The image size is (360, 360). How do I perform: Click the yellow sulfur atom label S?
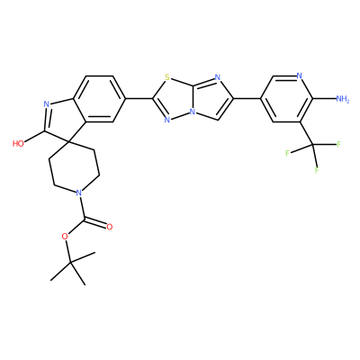click(x=167, y=77)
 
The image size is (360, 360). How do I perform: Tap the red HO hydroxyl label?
click(x=18, y=144)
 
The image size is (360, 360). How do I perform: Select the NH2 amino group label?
click(x=343, y=99)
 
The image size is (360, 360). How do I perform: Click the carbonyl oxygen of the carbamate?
click(x=110, y=227)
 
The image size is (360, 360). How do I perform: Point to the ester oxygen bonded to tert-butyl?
click(x=64, y=237)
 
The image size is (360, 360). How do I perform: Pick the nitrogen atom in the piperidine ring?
click(x=78, y=193)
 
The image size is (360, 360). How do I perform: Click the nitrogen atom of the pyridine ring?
click(x=299, y=76)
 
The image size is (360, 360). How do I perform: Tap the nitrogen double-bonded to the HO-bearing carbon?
click(x=47, y=104)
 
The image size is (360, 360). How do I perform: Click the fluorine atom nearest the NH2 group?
click(x=339, y=144)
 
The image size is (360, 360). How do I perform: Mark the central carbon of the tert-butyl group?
click(x=70, y=262)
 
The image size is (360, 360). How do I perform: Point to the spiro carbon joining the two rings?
click(x=69, y=139)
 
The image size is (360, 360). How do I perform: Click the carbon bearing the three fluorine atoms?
click(x=312, y=145)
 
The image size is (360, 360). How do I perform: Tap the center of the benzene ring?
click(x=99, y=99)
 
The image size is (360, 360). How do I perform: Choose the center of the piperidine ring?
click(x=74, y=166)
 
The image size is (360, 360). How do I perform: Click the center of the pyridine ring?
click(x=286, y=99)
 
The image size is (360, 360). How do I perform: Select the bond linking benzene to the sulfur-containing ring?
click(x=139, y=98)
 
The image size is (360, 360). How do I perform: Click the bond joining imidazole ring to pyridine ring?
click(x=247, y=98)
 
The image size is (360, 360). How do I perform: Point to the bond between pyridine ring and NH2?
click(x=324, y=98)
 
